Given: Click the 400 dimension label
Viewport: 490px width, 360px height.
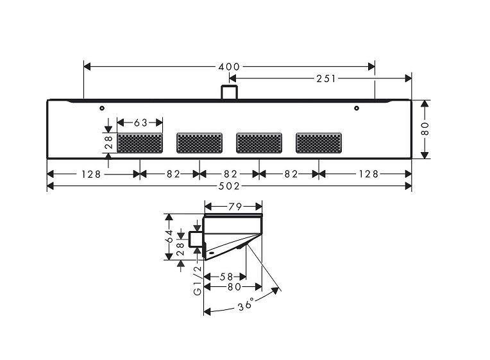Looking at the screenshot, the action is [229, 67].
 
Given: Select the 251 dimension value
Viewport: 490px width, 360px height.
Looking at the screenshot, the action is [326, 78].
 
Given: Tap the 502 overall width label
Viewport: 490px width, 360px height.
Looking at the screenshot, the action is [229, 186].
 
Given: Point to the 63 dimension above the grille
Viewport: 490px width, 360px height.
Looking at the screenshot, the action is [140, 123].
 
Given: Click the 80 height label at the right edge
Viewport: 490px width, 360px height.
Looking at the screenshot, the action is [425, 129].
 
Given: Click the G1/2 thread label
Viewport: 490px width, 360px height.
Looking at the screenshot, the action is [198, 280].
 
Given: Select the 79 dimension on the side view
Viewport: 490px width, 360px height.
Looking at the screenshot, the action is [235, 207].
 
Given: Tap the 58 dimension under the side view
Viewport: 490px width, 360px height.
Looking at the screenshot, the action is [226, 277].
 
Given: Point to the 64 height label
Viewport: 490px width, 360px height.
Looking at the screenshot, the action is [169, 236].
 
